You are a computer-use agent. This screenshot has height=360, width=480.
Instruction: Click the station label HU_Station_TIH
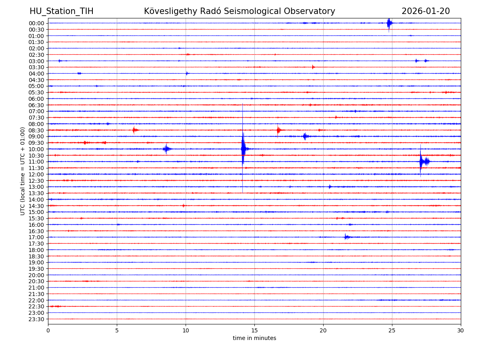coord(61,11)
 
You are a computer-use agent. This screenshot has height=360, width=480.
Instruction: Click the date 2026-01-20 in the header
coord(426,11)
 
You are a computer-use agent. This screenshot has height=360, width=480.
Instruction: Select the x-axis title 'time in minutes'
coord(254,338)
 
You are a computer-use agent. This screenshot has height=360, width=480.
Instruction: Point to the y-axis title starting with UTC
coord(23,171)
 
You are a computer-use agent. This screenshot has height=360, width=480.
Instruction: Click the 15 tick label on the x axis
coord(254,330)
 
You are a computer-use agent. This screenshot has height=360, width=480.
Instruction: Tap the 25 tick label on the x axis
coord(392,330)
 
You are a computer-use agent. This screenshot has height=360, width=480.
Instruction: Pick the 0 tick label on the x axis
coord(48,330)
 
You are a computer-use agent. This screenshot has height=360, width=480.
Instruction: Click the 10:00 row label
coord(36,149)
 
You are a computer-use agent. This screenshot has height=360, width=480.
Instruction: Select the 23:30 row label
coord(36,319)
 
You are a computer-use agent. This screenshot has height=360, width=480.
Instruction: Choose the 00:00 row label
coord(36,23)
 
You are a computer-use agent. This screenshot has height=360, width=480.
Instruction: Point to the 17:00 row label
coord(36,237)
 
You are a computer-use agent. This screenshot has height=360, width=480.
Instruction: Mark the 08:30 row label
coord(36,130)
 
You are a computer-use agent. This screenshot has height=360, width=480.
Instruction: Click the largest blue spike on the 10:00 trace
coord(243,149)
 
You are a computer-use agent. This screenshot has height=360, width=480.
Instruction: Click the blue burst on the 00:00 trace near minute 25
coord(389,23)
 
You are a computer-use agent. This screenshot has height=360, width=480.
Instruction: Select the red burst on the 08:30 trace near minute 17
coord(279,130)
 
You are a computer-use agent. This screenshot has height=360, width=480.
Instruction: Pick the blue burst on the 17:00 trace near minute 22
coord(346,237)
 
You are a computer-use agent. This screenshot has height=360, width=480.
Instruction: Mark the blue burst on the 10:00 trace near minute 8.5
coord(166,149)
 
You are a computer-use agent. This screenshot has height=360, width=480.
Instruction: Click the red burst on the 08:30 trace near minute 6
coord(135,130)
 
